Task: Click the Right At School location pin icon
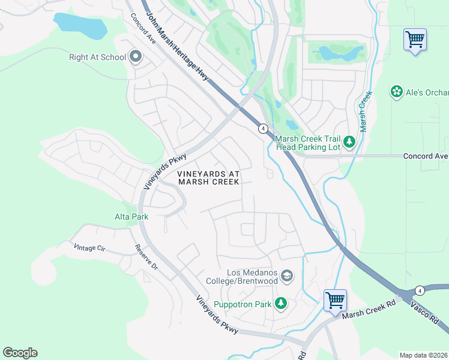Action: pos(136,58)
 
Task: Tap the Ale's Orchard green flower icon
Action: pos(396,92)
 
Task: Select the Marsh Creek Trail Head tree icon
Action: pos(349,143)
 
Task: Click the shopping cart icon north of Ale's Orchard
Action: pos(415,40)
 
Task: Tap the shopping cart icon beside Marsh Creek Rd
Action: pos(335,299)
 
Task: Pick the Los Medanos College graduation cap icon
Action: pos(287,275)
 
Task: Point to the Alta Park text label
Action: pos(131,216)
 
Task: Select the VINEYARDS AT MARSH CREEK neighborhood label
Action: pos(208,178)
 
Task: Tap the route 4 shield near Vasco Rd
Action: pos(420,290)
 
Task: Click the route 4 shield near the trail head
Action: pos(263,128)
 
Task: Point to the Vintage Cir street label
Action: pos(89,247)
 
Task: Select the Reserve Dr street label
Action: pos(145,256)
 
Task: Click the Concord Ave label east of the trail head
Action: pos(426,156)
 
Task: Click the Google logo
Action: pos(20,352)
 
